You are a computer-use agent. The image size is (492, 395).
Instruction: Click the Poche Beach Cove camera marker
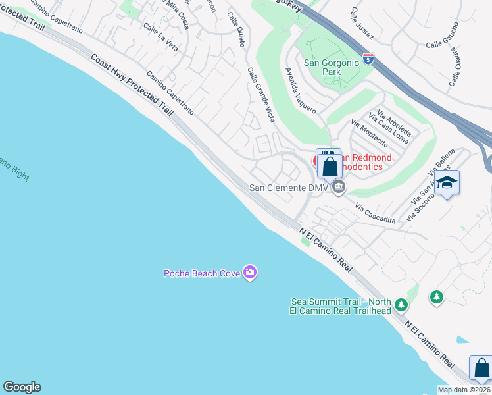click(x=249, y=272)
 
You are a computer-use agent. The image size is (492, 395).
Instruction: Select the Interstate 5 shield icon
click(x=368, y=59)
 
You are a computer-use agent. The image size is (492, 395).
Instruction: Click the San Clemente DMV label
click(x=288, y=188)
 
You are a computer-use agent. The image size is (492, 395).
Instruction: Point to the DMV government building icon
click(x=339, y=188)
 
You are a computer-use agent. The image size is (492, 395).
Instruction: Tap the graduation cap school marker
click(x=447, y=182)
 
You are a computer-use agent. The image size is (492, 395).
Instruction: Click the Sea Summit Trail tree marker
click(x=401, y=305)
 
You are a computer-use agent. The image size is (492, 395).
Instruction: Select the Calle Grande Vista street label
click(x=261, y=96)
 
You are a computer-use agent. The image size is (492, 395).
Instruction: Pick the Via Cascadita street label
click(x=376, y=213)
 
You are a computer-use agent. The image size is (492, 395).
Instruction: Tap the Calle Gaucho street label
click(x=444, y=44)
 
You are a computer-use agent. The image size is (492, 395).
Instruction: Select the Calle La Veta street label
click(x=160, y=39)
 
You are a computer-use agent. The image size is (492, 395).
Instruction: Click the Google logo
click(x=22, y=387)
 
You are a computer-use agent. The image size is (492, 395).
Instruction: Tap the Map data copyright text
click(x=464, y=390)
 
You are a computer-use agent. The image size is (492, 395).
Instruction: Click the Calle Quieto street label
click(x=236, y=30)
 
